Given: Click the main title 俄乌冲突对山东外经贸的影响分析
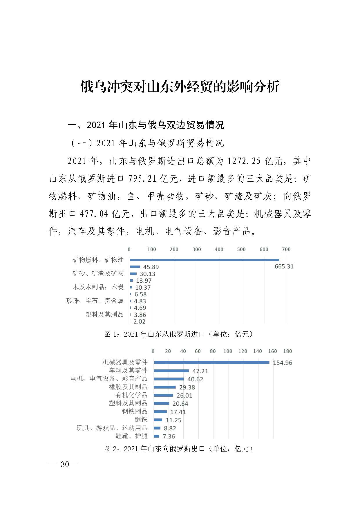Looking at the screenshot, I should [180, 87].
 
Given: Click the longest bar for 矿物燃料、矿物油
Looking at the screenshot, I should [205, 260].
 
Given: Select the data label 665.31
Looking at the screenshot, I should [284, 266].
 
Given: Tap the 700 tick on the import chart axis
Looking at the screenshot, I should [286, 249].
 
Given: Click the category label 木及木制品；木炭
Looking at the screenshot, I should [98, 287].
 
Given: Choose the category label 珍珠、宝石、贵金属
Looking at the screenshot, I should [95, 301].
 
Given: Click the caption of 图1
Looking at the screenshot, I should [178, 334].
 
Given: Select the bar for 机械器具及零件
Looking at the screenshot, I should [211, 362].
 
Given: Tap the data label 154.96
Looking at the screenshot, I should [282, 363].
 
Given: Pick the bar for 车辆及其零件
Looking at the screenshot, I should [171, 371].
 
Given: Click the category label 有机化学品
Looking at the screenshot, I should [131, 395].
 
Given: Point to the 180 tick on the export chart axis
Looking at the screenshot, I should [287, 351].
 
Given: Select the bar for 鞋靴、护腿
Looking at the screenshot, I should [156, 436].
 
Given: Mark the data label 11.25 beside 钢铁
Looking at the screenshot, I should [173, 420].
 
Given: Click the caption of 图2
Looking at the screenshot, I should [178, 449].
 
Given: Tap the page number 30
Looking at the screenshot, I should [65, 464].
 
